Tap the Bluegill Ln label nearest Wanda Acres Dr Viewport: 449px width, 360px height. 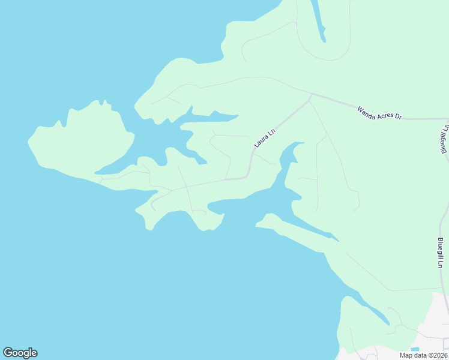pos(445,139)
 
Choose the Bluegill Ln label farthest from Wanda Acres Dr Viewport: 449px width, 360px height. pos(440,253)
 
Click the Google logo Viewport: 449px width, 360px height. pos(20,353)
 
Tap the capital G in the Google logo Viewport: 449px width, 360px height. pos(8,353)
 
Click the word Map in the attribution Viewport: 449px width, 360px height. pos(406,355)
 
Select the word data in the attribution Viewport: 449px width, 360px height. pos(420,355)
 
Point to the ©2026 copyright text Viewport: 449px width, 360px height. pos(437,355)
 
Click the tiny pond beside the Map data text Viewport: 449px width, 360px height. pos(415,349)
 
